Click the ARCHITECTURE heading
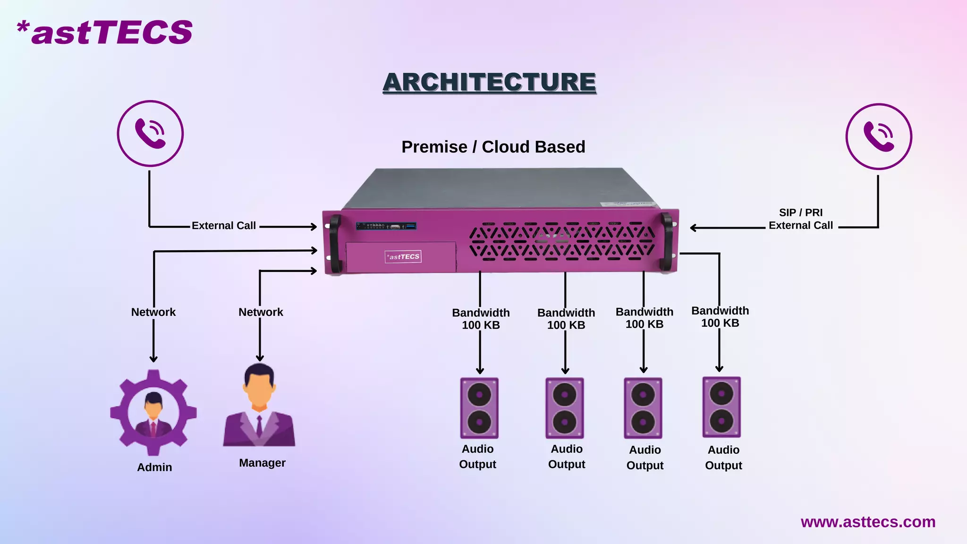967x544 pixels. (489, 82)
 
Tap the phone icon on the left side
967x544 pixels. (150, 133)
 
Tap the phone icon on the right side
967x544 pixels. (878, 136)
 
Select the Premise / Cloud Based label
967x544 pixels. (493, 147)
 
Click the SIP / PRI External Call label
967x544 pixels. (800, 219)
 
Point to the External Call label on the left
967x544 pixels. (224, 226)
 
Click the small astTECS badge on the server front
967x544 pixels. (403, 256)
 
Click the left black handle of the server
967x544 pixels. (334, 243)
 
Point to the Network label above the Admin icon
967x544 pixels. (153, 312)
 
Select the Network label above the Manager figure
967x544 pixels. (261, 312)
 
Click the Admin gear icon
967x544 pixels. (153, 412)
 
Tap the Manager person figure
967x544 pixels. (259, 406)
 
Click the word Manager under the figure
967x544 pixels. (262, 463)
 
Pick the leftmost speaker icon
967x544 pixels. (479, 408)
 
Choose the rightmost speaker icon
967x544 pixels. (721, 407)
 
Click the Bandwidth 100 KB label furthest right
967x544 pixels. (720, 317)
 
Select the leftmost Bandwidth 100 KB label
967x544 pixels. (481, 319)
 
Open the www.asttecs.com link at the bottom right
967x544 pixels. (868, 522)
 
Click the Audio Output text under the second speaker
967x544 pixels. (566, 457)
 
